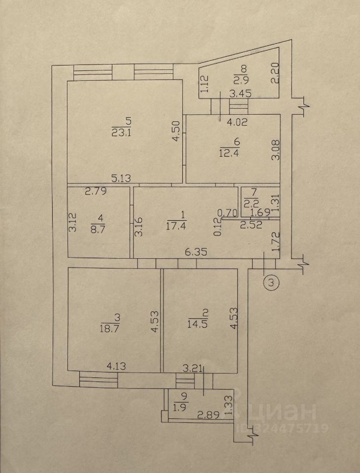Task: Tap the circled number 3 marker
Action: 271,283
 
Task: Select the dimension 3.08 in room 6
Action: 277,150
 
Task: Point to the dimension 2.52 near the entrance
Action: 251,225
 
